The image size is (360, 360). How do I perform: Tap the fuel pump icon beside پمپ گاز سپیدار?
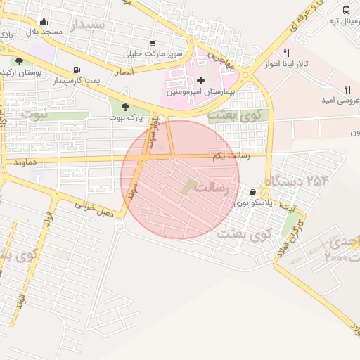tap(76, 70)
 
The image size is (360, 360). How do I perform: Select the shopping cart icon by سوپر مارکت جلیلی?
tap(153, 43)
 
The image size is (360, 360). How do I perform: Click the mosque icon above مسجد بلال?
tap(44, 21)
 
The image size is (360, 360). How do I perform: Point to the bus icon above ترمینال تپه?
tap(346, 10)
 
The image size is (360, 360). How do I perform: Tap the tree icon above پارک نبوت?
tap(125, 107)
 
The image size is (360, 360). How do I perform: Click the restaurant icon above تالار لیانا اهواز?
tap(286, 53)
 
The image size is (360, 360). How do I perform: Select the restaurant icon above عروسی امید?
tap(347, 89)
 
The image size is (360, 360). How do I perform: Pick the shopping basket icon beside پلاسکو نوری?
tap(252, 192)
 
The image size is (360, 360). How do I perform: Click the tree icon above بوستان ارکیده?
tap(19, 61)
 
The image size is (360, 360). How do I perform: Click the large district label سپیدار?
tap(88, 25)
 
